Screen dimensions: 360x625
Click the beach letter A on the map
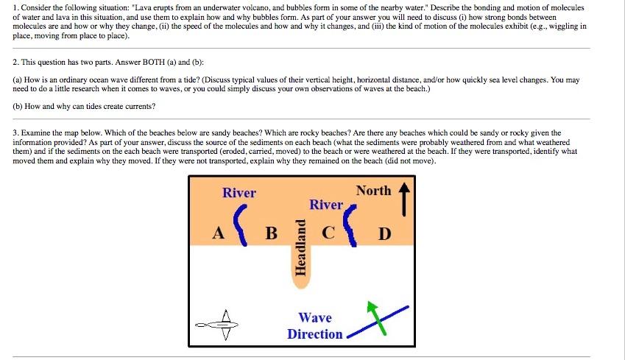218,233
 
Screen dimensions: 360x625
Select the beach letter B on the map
271,233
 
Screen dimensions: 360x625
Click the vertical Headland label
300,247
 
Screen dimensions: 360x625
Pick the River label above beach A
239,193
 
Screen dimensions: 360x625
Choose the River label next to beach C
326,205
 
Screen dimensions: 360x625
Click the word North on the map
373,191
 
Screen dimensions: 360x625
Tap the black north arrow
403,198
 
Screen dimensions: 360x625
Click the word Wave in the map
315,318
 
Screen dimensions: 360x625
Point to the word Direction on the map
315,334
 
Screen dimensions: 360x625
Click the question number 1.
15,7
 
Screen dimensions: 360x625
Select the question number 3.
15,133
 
